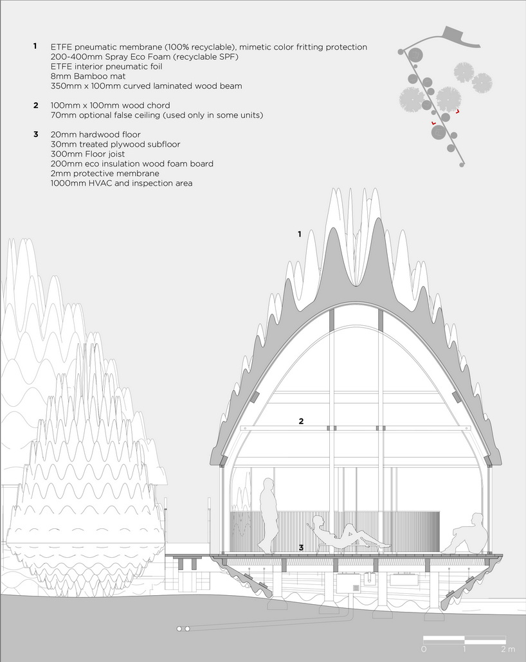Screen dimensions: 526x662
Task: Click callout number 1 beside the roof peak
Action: click(x=300, y=234)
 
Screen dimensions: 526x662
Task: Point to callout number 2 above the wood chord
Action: click(x=301, y=421)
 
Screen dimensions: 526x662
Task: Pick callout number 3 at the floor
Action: click(x=301, y=548)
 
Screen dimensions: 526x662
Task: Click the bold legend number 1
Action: click(x=35, y=46)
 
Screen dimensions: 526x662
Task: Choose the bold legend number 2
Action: click(x=36, y=105)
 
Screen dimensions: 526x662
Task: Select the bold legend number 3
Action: click(x=36, y=134)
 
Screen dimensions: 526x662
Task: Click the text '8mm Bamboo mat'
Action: click(x=88, y=76)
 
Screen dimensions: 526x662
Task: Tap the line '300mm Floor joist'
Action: click(x=87, y=154)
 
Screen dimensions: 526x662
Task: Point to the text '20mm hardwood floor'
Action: click(x=95, y=134)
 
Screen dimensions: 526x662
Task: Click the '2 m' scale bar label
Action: click(x=508, y=649)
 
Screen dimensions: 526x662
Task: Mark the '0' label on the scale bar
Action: click(x=424, y=649)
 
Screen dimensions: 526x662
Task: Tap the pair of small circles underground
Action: click(x=183, y=629)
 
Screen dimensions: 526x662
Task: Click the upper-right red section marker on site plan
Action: click(x=458, y=111)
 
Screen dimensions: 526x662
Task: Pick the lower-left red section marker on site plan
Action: click(x=433, y=123)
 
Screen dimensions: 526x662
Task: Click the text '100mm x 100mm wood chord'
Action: click(x=110, y=105)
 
